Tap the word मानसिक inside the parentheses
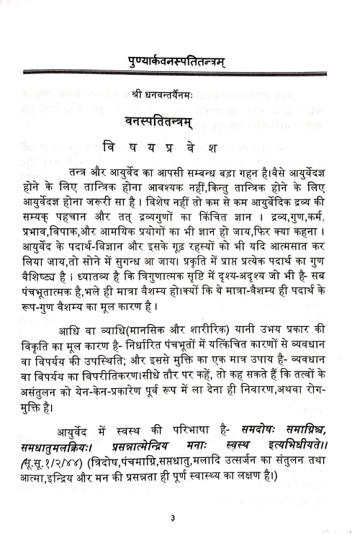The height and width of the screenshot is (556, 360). pyautogui.click(x=174, y=331)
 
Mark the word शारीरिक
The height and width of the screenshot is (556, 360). pyautogui.click(x=238, y=331)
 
